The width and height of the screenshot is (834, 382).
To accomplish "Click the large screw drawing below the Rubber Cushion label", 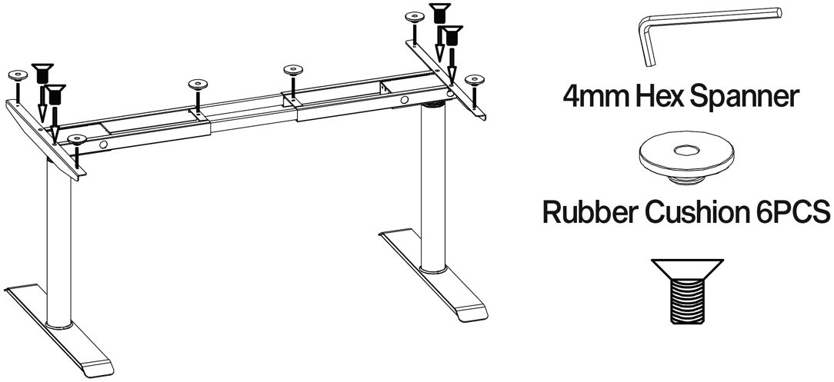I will (x=686, y=293).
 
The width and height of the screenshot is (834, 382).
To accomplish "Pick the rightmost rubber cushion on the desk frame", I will (x=475, y=79).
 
